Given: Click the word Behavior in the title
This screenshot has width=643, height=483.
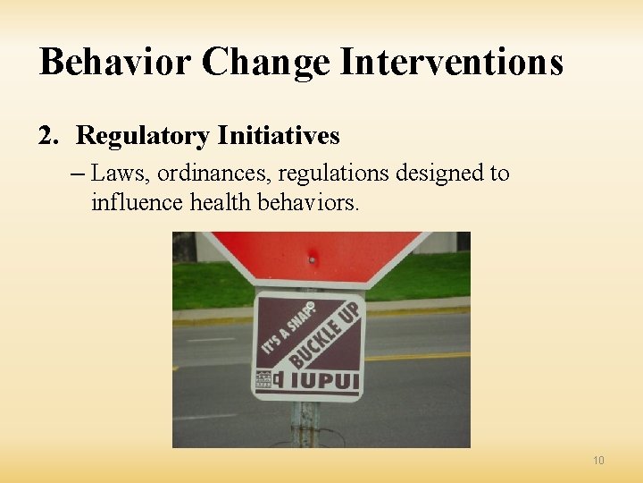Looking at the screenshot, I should (115, 63).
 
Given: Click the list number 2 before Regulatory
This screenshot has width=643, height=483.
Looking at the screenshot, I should (47, 136).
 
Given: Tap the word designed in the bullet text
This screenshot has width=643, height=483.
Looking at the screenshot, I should (440, 173).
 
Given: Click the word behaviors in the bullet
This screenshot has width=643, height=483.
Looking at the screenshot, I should (307, 203).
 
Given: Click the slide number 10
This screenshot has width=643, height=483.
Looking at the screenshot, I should (598, 461).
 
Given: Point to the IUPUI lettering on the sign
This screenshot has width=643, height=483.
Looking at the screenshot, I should (321, 380).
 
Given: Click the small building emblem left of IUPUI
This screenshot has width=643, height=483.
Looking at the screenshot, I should (264, 379).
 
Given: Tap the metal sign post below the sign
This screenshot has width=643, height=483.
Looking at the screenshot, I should (305, 425).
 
